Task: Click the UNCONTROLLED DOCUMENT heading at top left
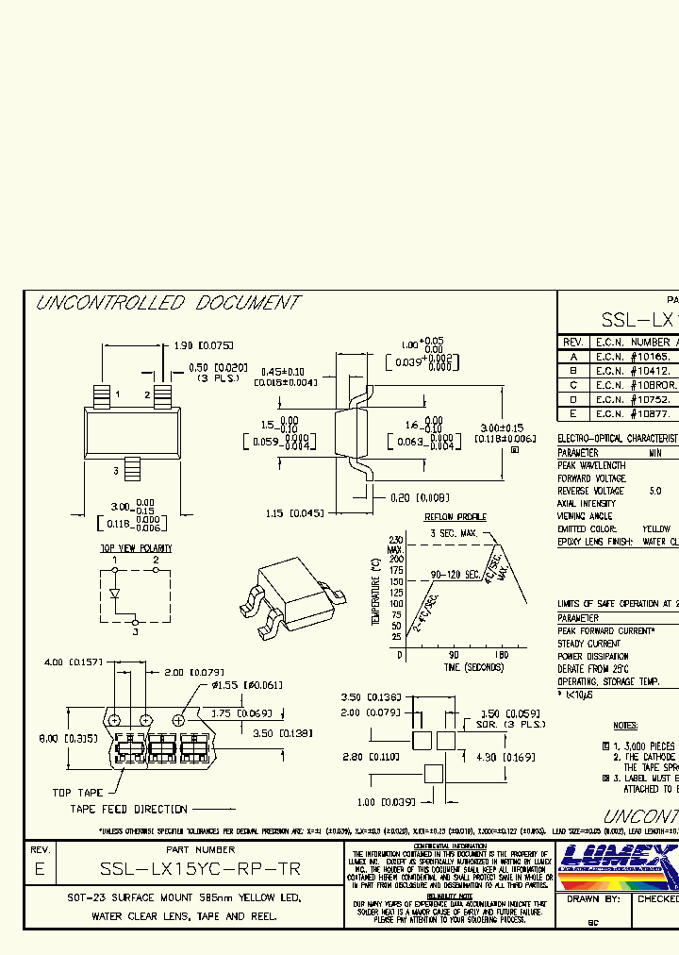(167, 303)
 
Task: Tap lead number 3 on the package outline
(116, 470)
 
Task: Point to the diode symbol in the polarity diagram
(115, 595)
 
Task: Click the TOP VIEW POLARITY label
(137, 547)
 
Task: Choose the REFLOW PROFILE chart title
(455, 517)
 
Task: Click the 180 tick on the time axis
(501, 654)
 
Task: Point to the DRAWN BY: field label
(593, 899)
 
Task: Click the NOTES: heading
(625, 726)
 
